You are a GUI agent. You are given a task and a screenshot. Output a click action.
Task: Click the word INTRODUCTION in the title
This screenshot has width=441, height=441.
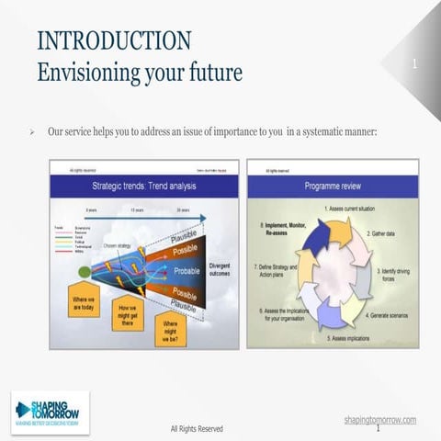click(x=114, y=40)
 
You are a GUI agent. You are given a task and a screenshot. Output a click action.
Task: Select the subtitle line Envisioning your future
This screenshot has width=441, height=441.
click(x=139, y=72)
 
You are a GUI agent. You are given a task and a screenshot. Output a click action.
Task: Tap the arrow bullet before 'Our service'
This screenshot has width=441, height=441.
click(x=33, y=132)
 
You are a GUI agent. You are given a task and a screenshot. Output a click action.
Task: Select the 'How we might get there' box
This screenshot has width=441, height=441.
click(x=127, y=313)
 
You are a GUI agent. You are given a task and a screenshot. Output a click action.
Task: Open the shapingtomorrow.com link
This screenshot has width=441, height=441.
click(x=379, y=419)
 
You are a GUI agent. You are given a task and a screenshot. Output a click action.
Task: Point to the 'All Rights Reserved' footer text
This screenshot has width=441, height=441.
click(x=197, y=428)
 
